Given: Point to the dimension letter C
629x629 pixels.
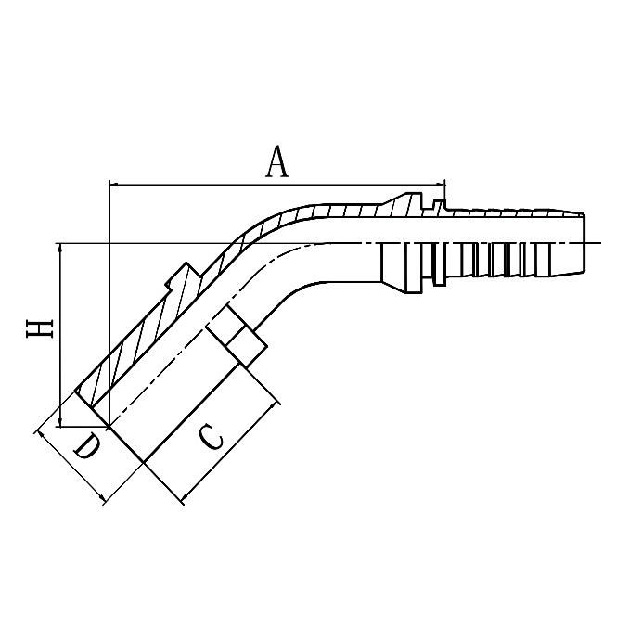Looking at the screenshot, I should pyautogui.click(x=212, y=435).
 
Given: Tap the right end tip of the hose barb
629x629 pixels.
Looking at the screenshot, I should pyautogui.click(x=587, y=243).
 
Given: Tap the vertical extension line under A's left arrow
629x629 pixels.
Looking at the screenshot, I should pyautogui.click(x=109, y=306).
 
